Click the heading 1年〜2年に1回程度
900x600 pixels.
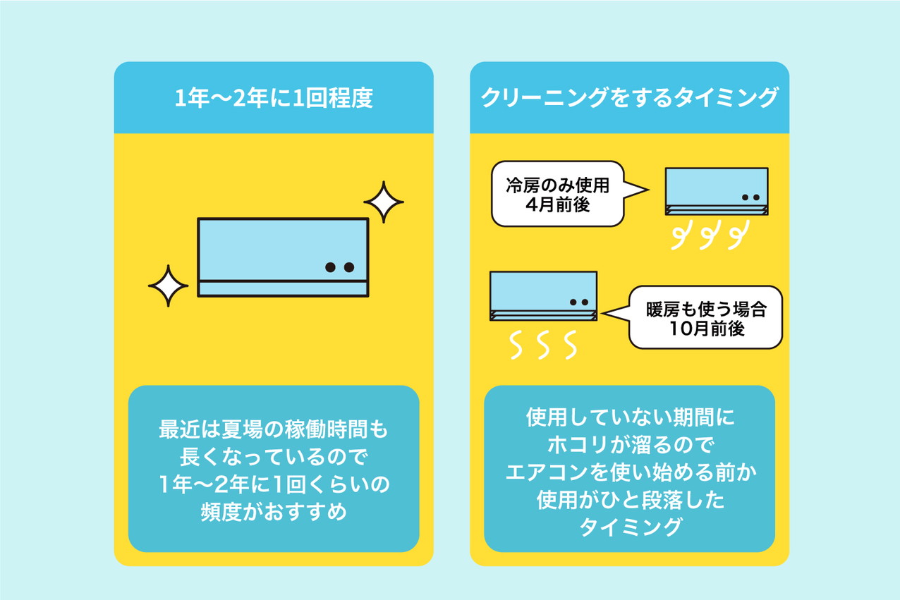pos(273,98)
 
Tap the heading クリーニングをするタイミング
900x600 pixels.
pos(628,98)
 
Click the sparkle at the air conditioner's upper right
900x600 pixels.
pos(384,202)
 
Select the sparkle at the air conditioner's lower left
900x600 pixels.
pos(168,286)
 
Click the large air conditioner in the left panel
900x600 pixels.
pos(283,257)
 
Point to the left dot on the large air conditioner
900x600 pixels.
pos(330,268)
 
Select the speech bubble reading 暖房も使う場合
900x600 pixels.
pos(706,317)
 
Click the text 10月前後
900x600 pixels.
pos(706,329)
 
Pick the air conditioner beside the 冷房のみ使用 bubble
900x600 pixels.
pos(716,191)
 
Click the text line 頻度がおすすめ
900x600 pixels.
pos(274,511)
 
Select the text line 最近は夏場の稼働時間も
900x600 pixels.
pos(274,429)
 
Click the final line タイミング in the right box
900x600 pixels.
pos(630,527)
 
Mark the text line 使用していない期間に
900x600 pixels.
pos(630,417)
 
